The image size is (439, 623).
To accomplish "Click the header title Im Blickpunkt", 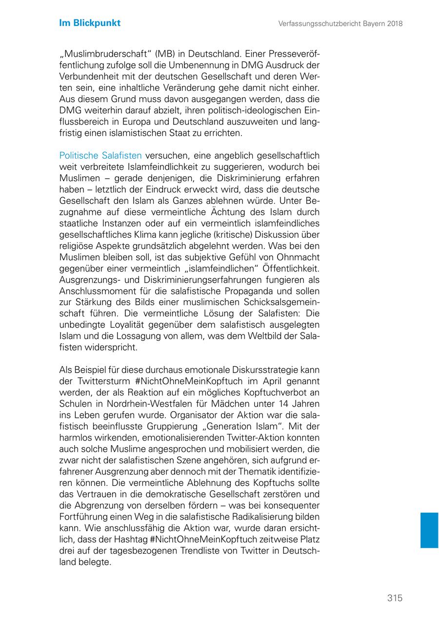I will [90, 23].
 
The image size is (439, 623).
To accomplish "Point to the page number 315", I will [395, 598].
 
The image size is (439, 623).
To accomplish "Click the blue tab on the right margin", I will [429, 530].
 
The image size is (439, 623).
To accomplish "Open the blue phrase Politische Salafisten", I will [100, 156].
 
